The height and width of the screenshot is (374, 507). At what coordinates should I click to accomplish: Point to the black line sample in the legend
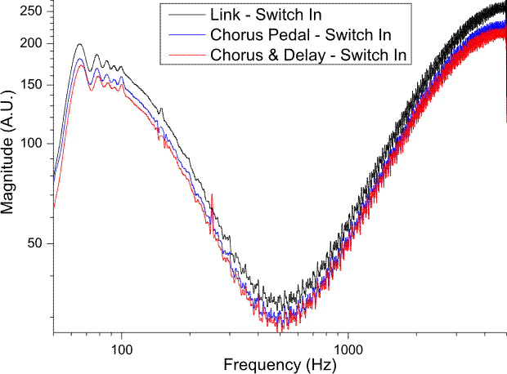tap(185, 16)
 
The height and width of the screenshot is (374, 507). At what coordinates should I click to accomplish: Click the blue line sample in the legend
tap(185, 35)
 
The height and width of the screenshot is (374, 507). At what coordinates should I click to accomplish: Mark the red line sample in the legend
tap(185, 54)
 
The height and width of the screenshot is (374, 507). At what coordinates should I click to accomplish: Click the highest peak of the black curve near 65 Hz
tap(79, 44)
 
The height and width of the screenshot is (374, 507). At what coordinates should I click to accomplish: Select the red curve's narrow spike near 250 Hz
tap(213, 196)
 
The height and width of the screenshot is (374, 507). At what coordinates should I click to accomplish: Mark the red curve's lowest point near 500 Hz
tap(280, 329)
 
